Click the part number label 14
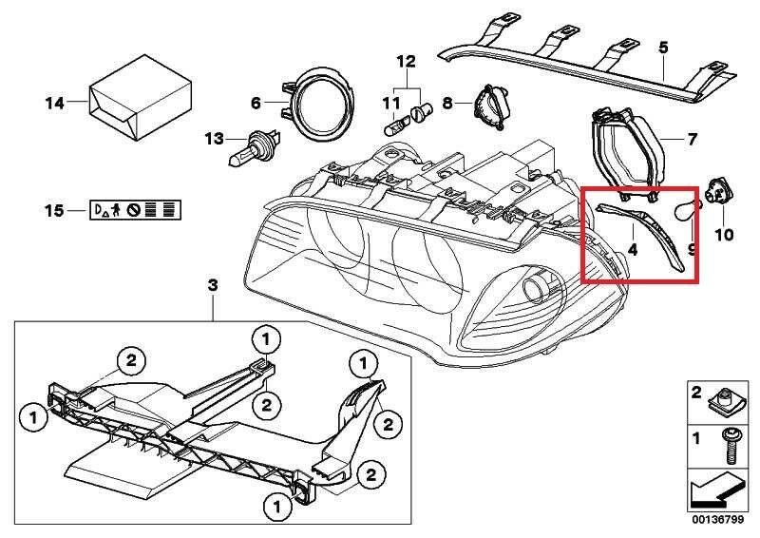coord(53,100)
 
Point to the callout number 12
coord(407,62)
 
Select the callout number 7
coord(693,140)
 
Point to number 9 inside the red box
coord(691,251)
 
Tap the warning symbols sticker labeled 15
coord(137,209)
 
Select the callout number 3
coord(213,285)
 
